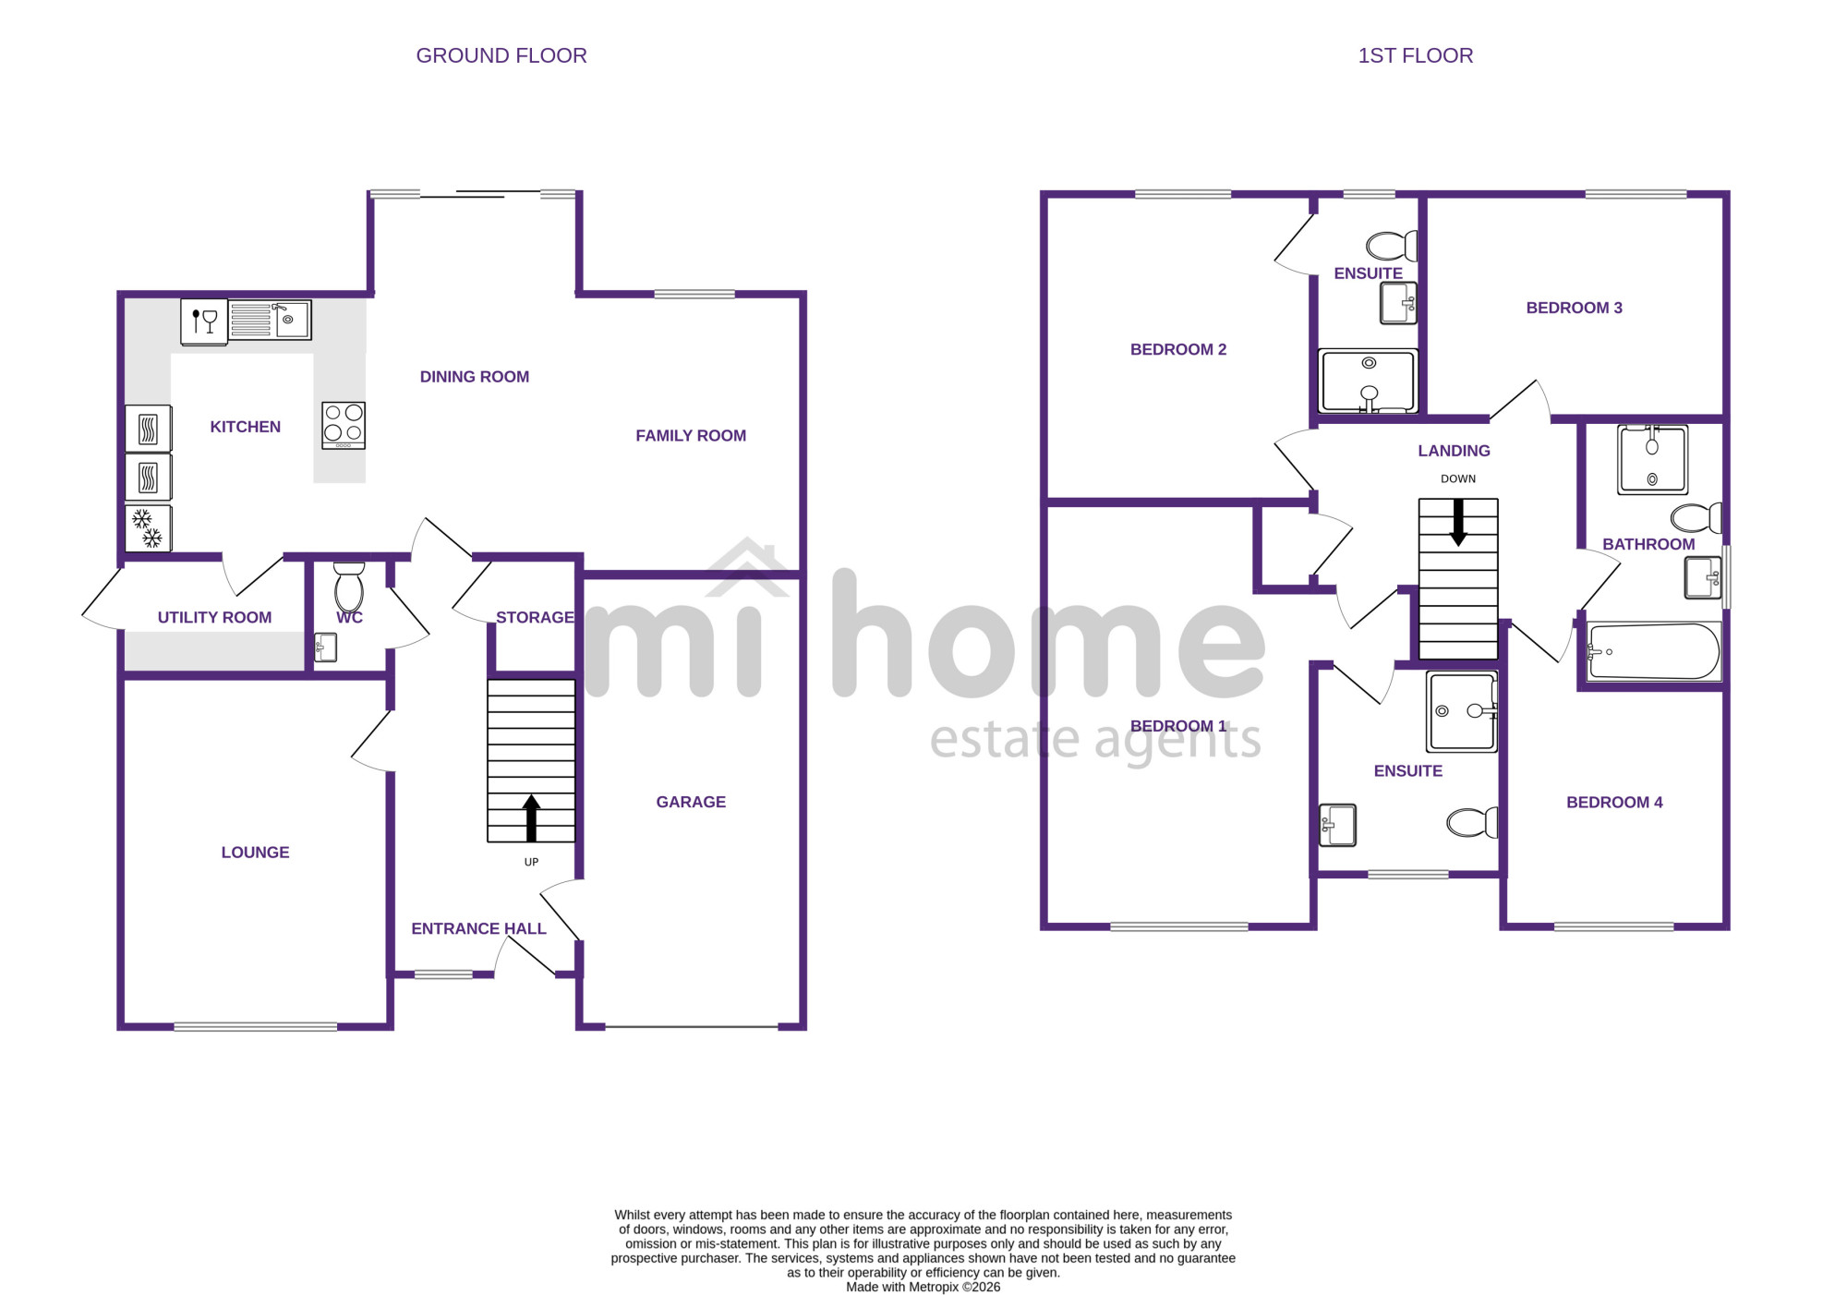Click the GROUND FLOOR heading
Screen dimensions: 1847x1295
tap(501, 55)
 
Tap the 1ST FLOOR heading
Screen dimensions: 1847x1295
tap(1415, 55)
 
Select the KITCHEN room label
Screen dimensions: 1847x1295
tap(246, 427)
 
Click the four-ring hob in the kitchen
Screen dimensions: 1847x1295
tap(344, 425)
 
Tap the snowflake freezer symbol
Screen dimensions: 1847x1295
tap(148, 528)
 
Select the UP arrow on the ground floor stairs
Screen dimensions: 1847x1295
tap(531, 817)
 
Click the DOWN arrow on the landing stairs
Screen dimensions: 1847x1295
tap(1458, 523)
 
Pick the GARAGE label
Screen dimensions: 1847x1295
tap(691, 802)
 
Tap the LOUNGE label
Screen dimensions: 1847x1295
tap(255, 853)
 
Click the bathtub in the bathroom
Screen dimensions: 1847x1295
tap(1653, 652)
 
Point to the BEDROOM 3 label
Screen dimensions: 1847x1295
tap(1574, 308)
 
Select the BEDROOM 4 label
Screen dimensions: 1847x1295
tap(1614, 803)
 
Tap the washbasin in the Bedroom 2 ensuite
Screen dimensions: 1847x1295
tap(1398, 303)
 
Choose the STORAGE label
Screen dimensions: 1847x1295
tap(535, 617)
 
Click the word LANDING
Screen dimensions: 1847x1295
tap(1454, 451)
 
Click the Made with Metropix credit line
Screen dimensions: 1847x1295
tap(923, 1287)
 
